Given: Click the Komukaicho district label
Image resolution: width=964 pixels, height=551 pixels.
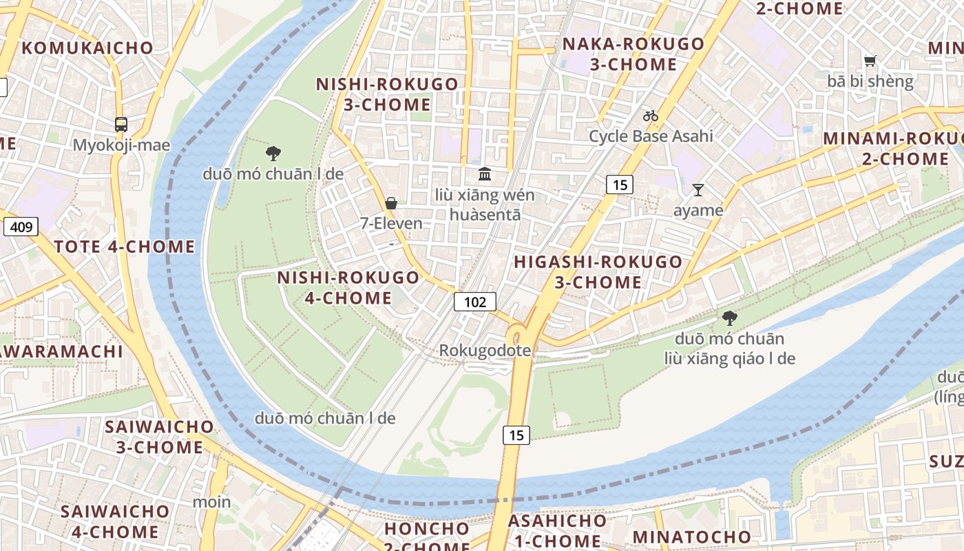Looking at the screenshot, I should click(x=87, y=48).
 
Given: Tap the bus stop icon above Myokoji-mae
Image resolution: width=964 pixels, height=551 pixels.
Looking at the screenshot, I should click(x=121, y=125).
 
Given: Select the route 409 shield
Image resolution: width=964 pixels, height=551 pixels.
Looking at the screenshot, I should click(x=20, y=226).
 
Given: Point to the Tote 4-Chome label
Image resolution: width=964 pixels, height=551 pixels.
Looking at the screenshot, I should click(x=124, y=247).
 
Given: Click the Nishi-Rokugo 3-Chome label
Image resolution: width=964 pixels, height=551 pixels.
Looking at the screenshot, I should click(x=386, y=94).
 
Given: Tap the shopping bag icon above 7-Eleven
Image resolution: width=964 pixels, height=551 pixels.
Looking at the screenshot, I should click(x=391, y=202).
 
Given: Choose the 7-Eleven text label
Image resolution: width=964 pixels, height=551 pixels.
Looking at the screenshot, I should click(x=391, y=223).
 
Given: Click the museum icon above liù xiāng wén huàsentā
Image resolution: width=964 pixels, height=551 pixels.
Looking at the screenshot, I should click(x=485, y=174).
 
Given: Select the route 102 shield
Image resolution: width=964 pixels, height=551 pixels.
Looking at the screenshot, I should click(x=474, y=302).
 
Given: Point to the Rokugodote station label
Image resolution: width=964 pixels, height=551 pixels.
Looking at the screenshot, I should click(x=485, y=351).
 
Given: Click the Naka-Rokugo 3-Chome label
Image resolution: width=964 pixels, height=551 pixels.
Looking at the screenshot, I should click(x=633, y=54).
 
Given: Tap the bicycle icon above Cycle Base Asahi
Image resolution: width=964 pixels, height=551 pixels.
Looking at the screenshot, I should click(x=651, y=116).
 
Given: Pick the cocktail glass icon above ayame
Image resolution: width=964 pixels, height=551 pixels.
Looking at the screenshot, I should click(x=698, y=190).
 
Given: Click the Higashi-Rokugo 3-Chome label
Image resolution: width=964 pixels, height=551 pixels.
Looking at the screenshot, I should click(x=598, y=272).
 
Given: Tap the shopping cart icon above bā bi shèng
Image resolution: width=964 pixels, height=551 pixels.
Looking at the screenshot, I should click(x=870, y=61).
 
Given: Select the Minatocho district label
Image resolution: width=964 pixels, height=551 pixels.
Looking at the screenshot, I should click(x=691, y=537).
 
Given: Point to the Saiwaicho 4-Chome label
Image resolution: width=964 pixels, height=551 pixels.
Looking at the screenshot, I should click(x=114, y=521).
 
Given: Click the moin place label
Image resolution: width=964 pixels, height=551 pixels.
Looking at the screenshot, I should click(x=211, y=501).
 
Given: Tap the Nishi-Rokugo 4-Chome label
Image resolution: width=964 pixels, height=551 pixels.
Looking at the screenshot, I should click(x=348, y=288).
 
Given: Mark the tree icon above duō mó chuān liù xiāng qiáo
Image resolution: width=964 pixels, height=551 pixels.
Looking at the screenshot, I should click(x=729, y=318).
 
